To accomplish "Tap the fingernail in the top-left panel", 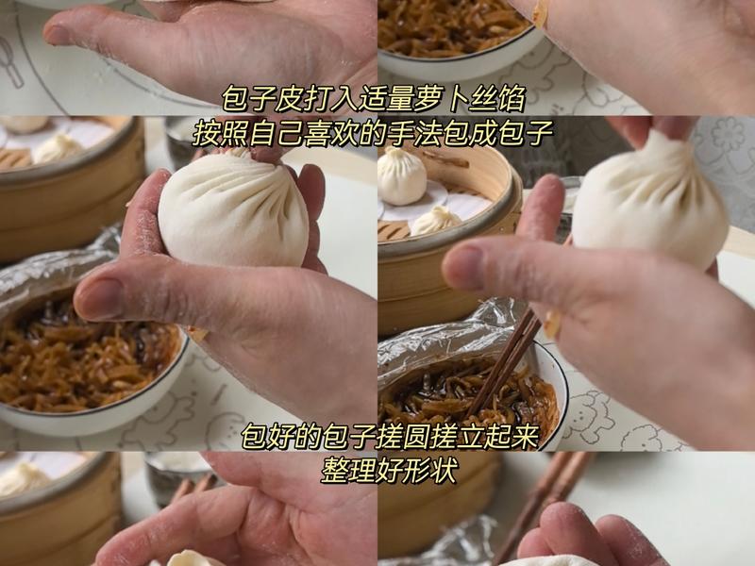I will click(59, 35).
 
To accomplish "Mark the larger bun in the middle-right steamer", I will click(403, 175).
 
